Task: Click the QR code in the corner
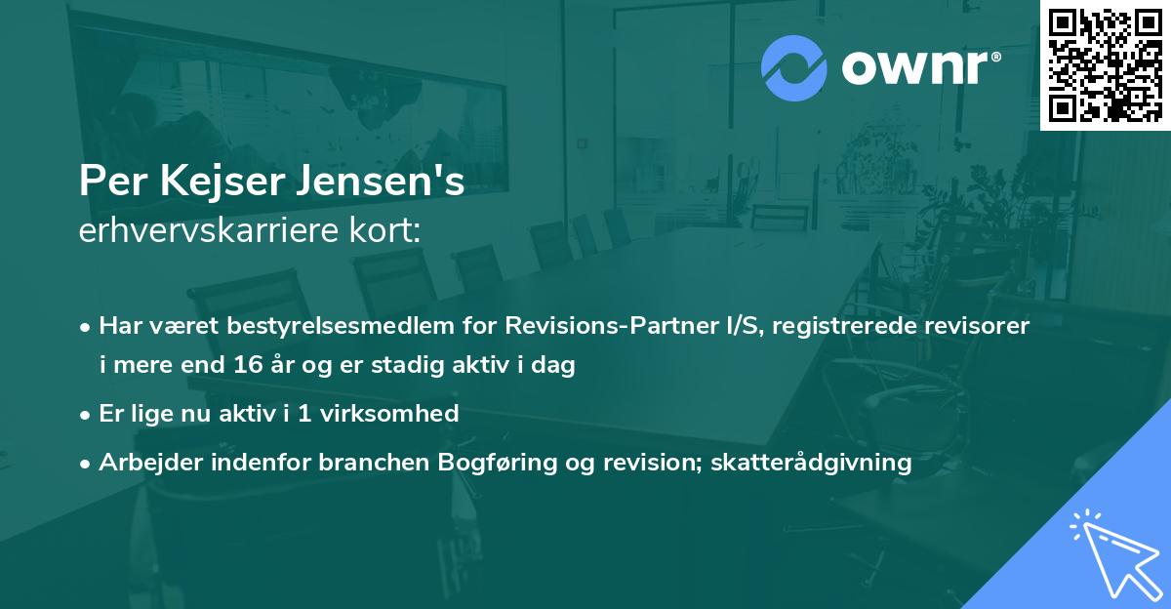(x=1105, y=65)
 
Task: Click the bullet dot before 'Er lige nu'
(x=86, y=414)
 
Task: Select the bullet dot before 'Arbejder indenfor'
(x=86, y=463)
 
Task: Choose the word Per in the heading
(x=104, y=182)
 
